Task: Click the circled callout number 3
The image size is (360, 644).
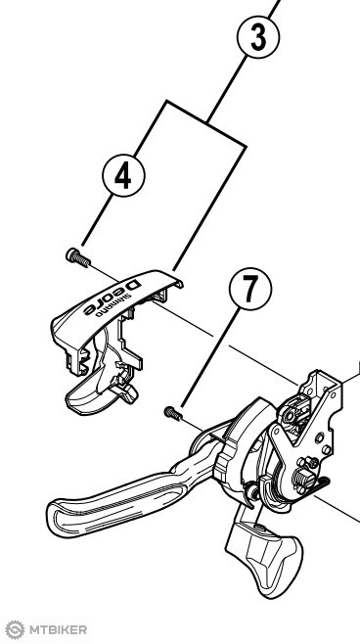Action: pyautogui.click(x=258, y=37)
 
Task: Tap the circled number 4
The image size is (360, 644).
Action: pyautogui.click(x=123, y=175)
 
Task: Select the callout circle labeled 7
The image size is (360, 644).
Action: pyautogui.click(x=250, y=289)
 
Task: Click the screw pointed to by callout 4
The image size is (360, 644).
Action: pyautogui.click(x=78, y=257)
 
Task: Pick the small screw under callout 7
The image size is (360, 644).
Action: pyautogui.click(x=173, y=413)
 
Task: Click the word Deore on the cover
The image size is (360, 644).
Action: pyautogui.click(x=112, y=297)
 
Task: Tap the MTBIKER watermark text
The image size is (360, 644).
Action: pyautogui.click(x=58, y=629)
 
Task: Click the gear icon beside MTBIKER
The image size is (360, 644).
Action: pyautogui.click(x=15, y=629)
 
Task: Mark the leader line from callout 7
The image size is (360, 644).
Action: pyautogui.click(x=209, y=358)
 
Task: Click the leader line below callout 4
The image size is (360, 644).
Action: pyautogui.click(x=97, y=220)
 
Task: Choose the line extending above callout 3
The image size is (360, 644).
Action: pyautogui.click(x=274, y=9)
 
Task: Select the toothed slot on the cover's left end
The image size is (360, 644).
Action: pyautogui.click(x=85, y=360)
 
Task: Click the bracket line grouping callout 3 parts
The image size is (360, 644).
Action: pyautogui.click(x=206, y=122)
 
